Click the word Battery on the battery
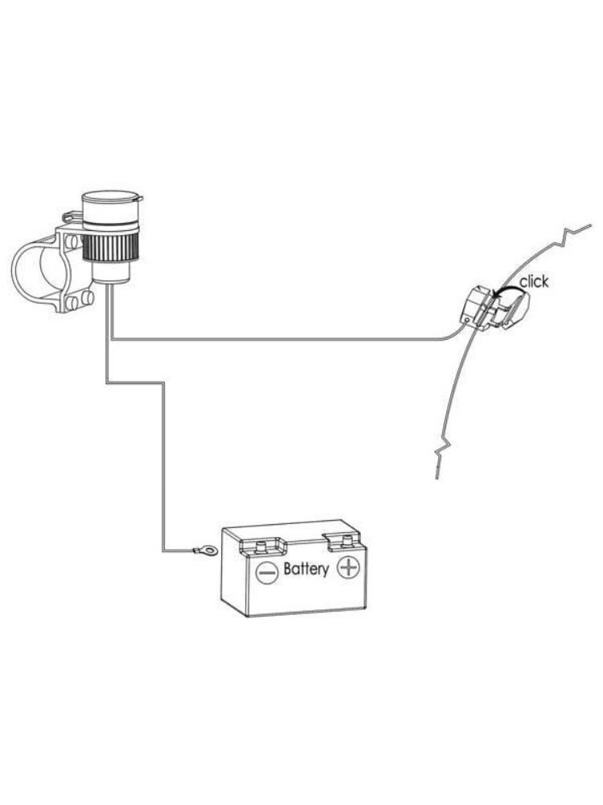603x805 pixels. point(306,569)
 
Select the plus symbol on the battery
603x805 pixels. point(349,568)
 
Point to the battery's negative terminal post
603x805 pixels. point(261,545)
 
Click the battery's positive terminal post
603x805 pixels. point(347,541)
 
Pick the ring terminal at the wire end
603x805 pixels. point(204,551)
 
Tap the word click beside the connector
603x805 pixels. point(534,281)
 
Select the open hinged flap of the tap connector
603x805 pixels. point(511,310)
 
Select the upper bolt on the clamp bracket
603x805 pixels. point(72,241)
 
